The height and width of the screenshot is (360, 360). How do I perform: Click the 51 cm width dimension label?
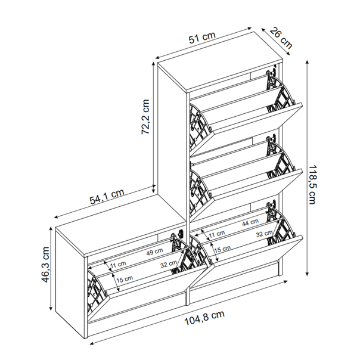tap(202, 38)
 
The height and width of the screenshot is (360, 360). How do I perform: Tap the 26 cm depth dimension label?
tap(281, 38)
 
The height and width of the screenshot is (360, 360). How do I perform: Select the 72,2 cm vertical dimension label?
tap(145, 117)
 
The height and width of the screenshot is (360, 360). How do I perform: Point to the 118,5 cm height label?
tap(312, 184)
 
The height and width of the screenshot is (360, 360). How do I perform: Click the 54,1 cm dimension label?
tap(107, 197)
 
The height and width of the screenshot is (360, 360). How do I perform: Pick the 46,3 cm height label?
tap(45, 265)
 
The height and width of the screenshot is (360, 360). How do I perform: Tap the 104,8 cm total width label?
tap(204, 318)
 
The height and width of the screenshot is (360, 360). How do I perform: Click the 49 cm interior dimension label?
tap(155, 252)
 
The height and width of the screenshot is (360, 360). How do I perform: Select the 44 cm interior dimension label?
tap(250, 222)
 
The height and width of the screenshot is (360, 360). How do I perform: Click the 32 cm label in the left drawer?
tap(169, 264)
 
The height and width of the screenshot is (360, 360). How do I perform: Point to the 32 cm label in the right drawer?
tap(265, 234)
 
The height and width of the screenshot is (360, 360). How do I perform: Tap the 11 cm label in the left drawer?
tap(118, 265)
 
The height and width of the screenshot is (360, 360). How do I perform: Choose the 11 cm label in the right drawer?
tap(217, 234)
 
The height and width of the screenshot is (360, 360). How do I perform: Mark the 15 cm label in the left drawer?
tap(125, 279)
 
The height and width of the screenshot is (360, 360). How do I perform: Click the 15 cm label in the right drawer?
tap(222, 249)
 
